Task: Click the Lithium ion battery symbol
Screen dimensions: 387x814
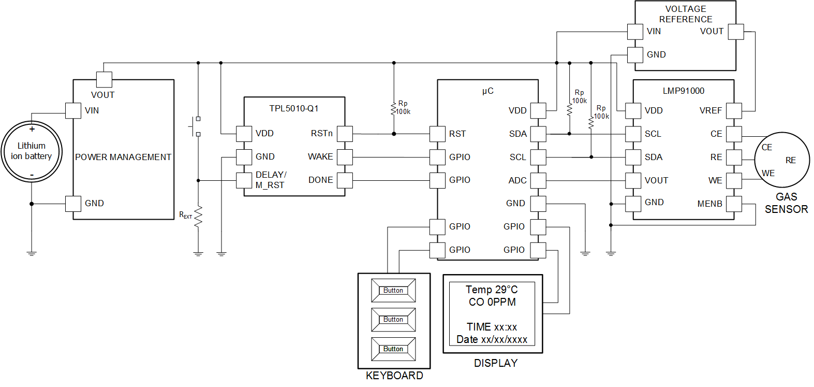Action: tap(32, 151)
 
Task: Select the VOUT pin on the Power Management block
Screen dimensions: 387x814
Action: tap(104, 79)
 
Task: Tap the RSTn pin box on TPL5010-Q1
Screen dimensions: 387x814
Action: tap(345, 134)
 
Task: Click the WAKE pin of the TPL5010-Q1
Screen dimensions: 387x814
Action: tap(345, 156)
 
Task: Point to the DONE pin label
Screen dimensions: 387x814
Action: tap(320, 180)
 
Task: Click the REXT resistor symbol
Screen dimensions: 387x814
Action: tap(198, 217)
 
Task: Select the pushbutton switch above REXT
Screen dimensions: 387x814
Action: tap(196, 126)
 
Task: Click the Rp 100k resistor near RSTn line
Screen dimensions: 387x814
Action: tap(394, 108)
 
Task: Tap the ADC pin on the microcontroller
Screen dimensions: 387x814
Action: tap(538, 180)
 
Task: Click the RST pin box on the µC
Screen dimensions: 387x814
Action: tap(437, 134)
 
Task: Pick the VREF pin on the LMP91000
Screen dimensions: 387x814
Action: tap(734, 110)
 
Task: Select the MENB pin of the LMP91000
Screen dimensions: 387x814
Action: tap(734, 204)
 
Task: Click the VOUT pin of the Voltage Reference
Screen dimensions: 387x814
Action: tap(736, 32)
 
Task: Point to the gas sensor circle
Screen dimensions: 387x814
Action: tap(781, 160)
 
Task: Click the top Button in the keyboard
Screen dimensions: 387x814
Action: tap(393, 291)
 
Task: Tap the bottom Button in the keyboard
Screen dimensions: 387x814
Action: tap(393, 349)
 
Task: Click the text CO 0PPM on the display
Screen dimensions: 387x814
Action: tap(492, 302)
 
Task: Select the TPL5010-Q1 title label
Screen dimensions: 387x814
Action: tap(294, 108)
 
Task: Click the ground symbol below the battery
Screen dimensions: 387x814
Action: tap(32, 253)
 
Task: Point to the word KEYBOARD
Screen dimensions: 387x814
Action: tap(394, 376)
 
